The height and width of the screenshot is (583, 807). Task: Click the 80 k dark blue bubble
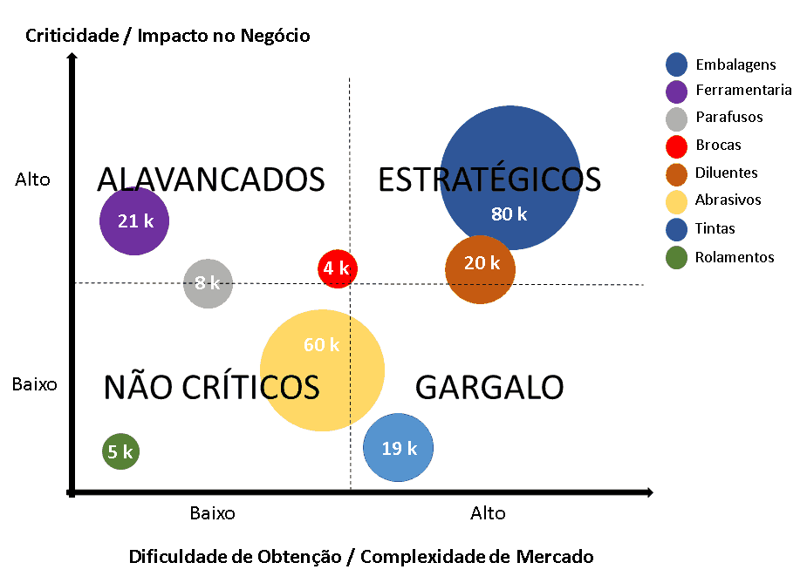point(510,180)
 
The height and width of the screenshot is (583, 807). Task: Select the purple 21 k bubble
point(133,220)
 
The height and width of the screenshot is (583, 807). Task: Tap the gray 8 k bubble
point(208,283)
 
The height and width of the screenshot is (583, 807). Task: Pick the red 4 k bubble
point(337,268)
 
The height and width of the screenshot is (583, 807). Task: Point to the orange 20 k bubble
point(481,268)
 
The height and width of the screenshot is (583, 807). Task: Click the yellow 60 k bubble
point(322,370)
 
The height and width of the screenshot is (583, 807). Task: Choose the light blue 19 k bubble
point(398,448)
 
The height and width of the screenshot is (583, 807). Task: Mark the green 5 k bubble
point(120,451)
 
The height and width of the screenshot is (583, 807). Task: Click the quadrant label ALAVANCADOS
point(210,180)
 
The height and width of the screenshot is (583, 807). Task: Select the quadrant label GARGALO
point(489,387)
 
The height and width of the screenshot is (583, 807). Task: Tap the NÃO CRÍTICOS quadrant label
point(211,387)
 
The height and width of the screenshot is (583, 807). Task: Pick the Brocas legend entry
point(718,145)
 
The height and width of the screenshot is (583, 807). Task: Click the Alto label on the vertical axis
point(33,180)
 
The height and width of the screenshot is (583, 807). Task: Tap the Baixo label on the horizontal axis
point(212,513)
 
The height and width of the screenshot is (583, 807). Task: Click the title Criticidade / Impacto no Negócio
point(168,36)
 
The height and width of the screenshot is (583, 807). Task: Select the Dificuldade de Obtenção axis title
point(360,556)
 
